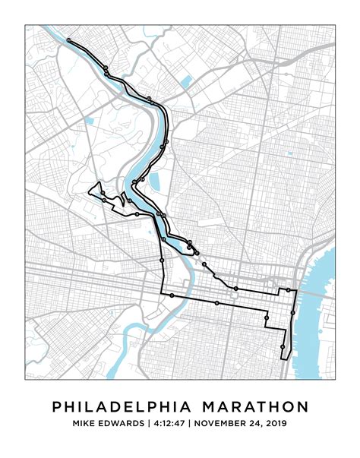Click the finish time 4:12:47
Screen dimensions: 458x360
(x=167, y=424)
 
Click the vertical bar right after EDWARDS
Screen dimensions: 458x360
(x=148, y=424)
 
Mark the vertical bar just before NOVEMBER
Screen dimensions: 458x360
(x=189, y=424)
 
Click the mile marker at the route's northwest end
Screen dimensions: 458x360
(x=68, y=39)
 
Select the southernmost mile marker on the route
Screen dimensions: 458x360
(x=282, y=347)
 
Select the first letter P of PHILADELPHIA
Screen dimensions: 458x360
(x=57, y=407)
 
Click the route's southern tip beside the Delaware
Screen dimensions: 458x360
(x=282, y=357)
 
